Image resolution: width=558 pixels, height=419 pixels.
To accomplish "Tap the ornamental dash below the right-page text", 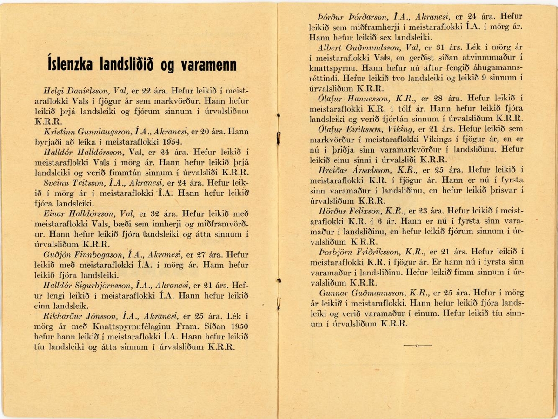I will (417, 346).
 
